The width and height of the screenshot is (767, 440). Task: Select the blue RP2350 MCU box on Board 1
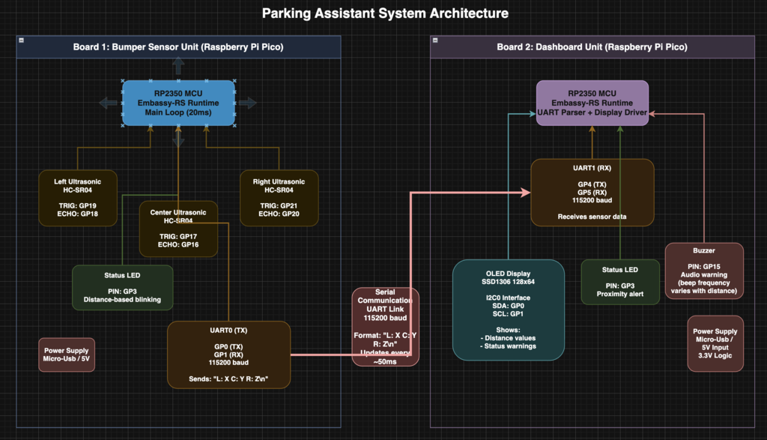click(178, 103)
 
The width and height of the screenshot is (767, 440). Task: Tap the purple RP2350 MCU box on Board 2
click(592, 103)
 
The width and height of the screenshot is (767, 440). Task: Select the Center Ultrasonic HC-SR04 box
click(178, 229)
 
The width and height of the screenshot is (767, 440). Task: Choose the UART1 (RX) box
click(592, 192)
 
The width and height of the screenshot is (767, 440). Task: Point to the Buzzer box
click(704, 270)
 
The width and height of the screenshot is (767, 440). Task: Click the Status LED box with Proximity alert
click(620, 282)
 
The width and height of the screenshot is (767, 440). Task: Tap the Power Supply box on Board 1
click(66, 355)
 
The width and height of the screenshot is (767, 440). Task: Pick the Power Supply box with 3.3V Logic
click(715, 343)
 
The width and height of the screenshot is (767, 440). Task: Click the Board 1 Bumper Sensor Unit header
click(178, 46)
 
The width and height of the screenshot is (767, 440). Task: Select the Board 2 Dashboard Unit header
click(592, 46)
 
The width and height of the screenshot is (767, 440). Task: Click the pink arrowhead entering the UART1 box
click(527, 193)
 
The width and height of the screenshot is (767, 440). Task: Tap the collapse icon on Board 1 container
click(21, 40)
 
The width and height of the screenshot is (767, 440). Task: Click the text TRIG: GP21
click(279, 206)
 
